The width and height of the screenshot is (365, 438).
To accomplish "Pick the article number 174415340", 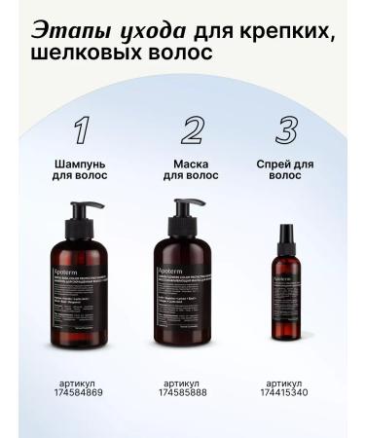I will point(288,391).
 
